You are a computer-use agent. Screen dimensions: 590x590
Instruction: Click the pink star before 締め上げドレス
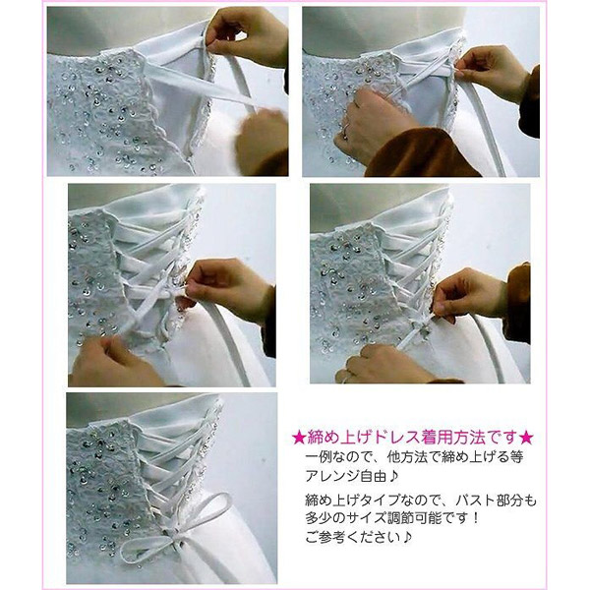(x=299, y=438)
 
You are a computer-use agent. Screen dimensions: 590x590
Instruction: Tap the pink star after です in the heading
(x=526, y=438)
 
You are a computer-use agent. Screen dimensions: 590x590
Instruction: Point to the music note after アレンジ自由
(x=392, y=476)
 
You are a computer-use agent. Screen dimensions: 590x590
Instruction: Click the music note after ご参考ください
(x=407, y=537)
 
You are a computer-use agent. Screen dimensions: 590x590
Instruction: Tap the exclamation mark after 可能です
(x=476, y=518)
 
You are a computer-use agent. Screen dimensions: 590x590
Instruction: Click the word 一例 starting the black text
(x=318, y=457)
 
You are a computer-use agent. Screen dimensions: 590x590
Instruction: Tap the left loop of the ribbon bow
(x=147, y=548)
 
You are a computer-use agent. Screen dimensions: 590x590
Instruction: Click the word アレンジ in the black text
(x=332, y=476)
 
